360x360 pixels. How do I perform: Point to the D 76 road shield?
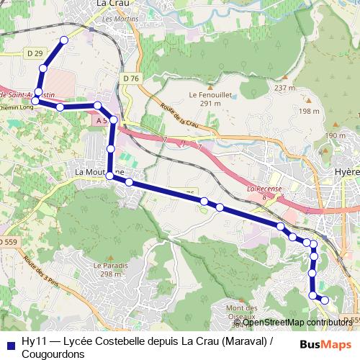pos(130,78)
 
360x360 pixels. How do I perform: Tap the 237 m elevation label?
pos(285,88)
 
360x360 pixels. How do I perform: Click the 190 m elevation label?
pos(335,135)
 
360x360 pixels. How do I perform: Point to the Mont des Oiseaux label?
pos(242,311)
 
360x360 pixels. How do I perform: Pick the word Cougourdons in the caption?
pos(54,354)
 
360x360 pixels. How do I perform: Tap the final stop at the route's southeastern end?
pos(325,300)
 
